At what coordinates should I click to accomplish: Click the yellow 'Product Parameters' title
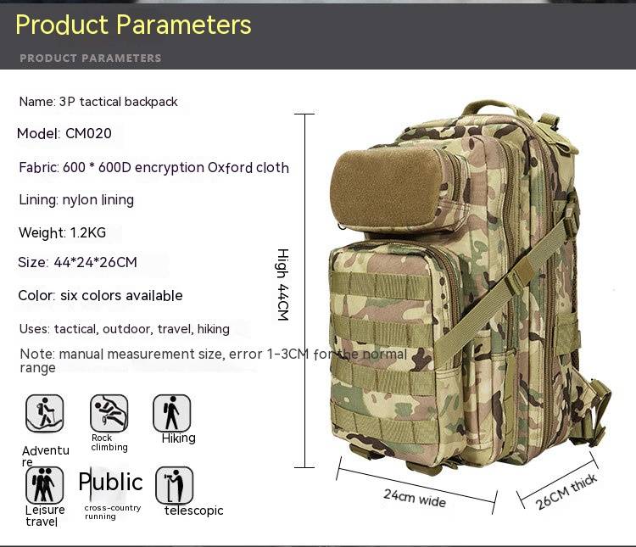133,25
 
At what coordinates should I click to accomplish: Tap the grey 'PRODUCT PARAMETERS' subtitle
91,58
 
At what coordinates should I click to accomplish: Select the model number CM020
88,133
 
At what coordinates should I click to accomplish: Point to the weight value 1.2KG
88,232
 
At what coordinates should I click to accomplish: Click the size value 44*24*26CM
95,262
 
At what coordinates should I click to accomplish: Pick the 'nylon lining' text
98,200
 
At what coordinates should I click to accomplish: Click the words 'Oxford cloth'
248,168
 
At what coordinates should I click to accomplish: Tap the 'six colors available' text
121,295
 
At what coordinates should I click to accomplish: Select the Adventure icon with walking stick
45,413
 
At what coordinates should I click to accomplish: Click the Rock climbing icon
109,413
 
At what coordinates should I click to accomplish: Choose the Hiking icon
171,413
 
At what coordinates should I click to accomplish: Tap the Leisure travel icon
45,485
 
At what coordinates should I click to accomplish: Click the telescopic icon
175,485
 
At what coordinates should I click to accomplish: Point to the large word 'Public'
111,483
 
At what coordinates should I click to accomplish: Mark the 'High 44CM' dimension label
283,284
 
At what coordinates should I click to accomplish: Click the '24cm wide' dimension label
415,498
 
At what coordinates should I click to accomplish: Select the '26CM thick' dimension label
566,491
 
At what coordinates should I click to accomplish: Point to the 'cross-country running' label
113,512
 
